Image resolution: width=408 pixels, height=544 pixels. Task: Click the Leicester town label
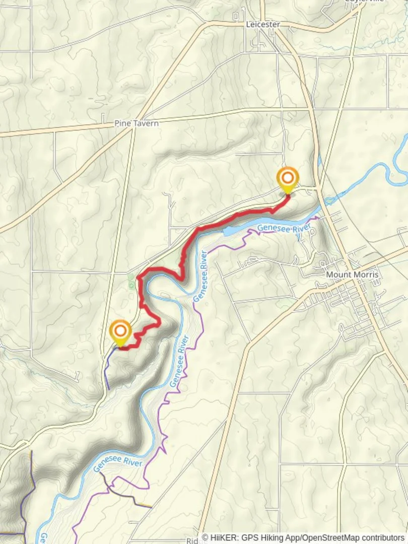point(262,24)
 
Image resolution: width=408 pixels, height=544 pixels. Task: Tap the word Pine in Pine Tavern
point(122,123)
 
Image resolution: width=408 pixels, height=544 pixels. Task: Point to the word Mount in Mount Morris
point(338,275)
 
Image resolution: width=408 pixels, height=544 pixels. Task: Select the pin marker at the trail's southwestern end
point(120,332)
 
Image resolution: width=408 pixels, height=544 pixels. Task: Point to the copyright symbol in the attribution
point(206,538)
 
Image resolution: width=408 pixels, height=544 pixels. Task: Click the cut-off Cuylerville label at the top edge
point(364,2)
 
